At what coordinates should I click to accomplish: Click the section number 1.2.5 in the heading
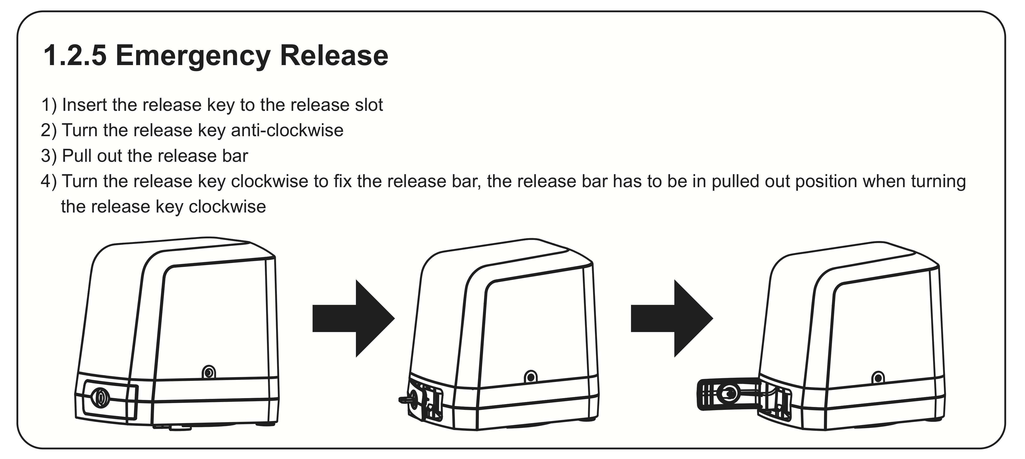75,55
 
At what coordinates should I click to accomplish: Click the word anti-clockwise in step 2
287,130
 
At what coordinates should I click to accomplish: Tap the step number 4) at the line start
49,182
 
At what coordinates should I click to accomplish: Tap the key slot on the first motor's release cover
100,398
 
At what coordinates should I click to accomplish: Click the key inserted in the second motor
405,399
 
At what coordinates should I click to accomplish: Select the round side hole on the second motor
531,376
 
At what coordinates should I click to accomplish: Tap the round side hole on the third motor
878,378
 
